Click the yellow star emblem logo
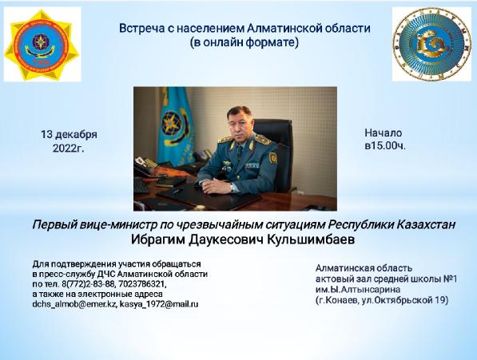(x=42, y=45)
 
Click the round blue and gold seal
(x=431, y=44)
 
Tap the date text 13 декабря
(x=69, y=135)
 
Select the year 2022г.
(x=69, y=148)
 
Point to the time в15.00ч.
(x=385, y=146)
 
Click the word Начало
(x=384, y=133)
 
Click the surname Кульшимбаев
(x=311, y=239)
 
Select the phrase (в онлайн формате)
(x=244, y=43)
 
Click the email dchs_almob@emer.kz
(x=74, y=304)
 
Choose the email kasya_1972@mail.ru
(x=159, y=304)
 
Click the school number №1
(x=449, y=279)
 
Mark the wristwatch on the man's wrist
(x=233, y=188)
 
